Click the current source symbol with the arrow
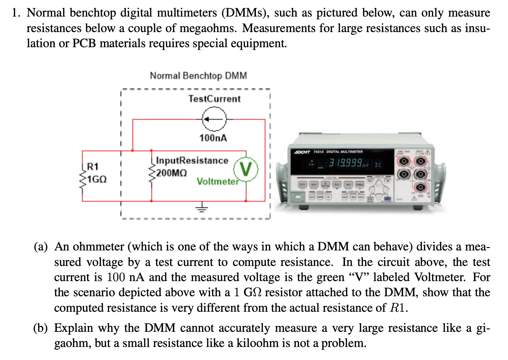tap(214, 119)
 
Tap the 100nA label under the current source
tap(213, 138)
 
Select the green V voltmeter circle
tap(246, 170)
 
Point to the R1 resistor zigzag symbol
tap(83, 180)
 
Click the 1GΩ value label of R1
tap(97, 179)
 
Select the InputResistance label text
tap(192, 161)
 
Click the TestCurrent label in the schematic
tap(214, 99)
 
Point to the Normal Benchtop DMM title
tap(198, 76)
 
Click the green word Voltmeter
tap(218, 181)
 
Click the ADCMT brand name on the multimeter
tap(302, 152)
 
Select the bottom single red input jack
tap(420, 187)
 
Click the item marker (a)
tap(40, 247)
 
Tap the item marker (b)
tap(40, 328)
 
